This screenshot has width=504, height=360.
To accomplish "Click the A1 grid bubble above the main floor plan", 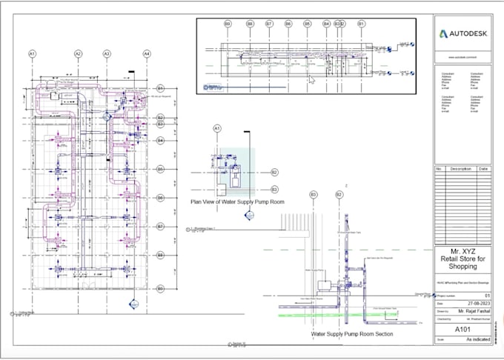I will point(33,54).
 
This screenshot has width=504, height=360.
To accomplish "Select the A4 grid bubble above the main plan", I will point(147,54).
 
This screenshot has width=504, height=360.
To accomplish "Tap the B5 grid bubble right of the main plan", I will point(159,169).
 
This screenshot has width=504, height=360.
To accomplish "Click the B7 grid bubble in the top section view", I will point(269,24).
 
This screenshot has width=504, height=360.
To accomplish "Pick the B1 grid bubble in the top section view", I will point(361,24).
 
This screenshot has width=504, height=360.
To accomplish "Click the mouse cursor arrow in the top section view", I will point(312,80).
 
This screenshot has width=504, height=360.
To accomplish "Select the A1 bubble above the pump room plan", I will point(217,129).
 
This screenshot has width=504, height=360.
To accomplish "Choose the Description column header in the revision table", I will point(457,169).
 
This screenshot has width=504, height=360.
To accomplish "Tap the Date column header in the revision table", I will point(483,169).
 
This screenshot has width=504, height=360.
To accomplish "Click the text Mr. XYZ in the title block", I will point(462,253).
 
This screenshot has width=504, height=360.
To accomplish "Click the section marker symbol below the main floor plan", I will point(133,304).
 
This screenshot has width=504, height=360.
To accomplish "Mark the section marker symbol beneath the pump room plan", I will point(249,216).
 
